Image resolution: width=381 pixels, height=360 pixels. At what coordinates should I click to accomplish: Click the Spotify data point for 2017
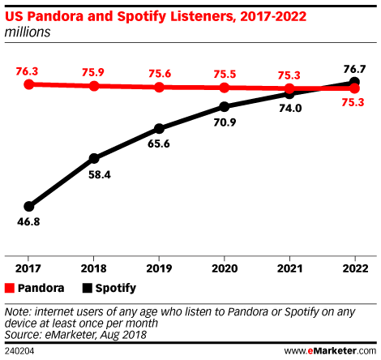pyautogui.click(x=29, y=206)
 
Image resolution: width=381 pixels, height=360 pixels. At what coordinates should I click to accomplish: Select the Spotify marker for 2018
pyautogui.click(x=94, y=158)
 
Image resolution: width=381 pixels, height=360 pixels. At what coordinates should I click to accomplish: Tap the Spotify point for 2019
pyautogui.click(x=159, y=128)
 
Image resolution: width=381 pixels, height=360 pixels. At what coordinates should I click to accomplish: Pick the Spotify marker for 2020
pyautogui.click(x=225, y=106)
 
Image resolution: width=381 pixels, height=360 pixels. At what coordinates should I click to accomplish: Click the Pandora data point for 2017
pyautogui.click(x=29, y=84)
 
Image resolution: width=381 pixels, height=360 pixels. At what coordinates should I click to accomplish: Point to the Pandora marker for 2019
pyautogui.click(x=159, y=87)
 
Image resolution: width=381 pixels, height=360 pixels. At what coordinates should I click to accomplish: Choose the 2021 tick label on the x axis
pyautogui.click(x=289, y=268)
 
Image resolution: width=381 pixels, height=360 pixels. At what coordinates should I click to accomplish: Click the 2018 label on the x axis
pyautogui.click(x=94, y=268)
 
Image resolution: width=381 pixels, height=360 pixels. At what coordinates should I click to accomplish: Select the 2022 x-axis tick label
pyautogui.click(x=354, y=268)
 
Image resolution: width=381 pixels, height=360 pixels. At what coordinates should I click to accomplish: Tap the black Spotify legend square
pyautogui.click(x=88, y=288)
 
